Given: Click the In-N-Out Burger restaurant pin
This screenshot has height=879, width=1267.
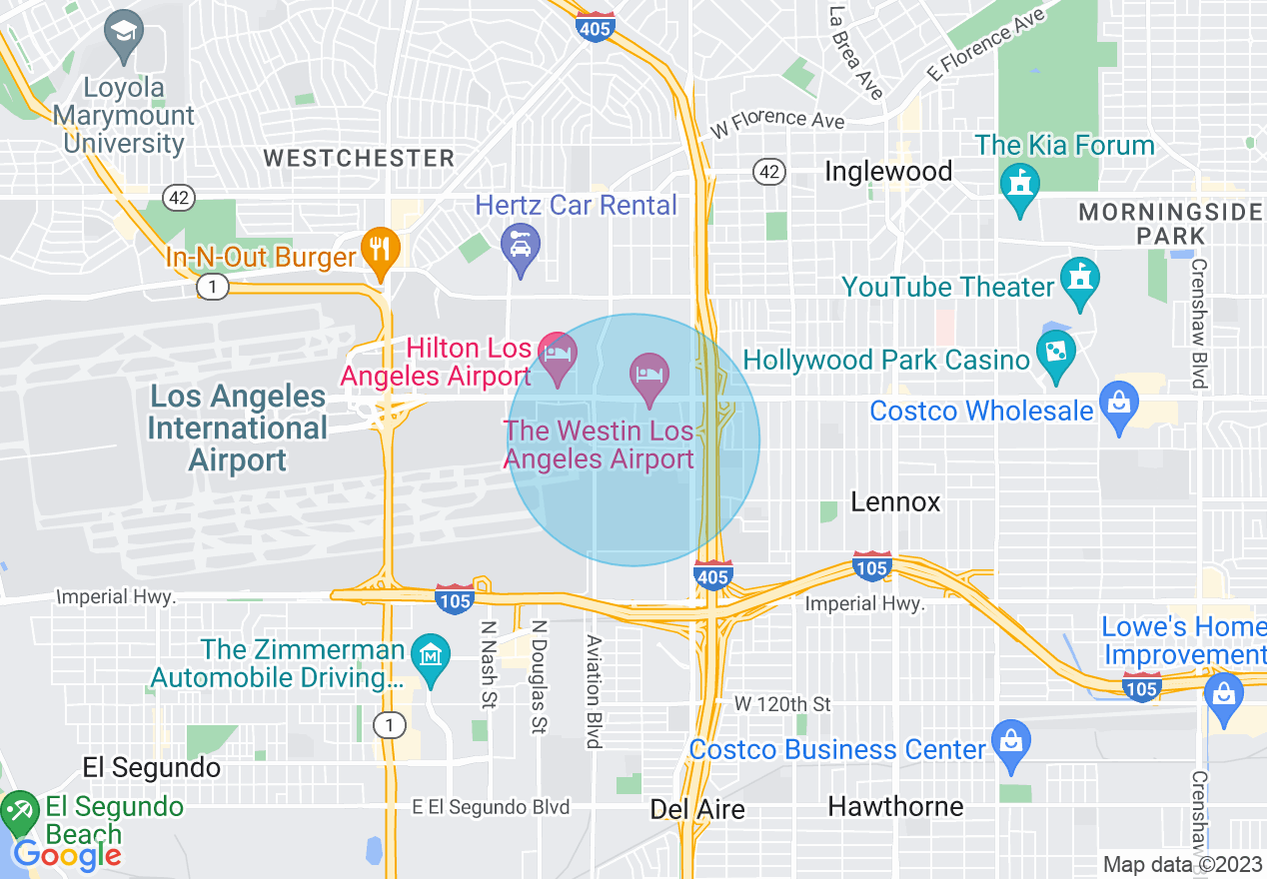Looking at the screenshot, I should click(380, 247).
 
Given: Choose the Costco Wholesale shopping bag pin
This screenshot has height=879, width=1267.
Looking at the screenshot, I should click(1118, 404).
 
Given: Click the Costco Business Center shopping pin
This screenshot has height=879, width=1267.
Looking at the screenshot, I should click(1011, 743).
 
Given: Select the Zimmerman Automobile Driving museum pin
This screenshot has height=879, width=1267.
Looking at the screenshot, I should click(431, 656).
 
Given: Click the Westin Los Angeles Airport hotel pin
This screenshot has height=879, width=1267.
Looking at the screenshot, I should click(649, 375).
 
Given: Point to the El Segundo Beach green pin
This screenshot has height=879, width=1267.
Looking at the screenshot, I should click(20, 811).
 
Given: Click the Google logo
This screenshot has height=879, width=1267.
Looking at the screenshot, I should click(67, 855).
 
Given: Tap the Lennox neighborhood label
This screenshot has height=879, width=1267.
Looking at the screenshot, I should click(895, 501).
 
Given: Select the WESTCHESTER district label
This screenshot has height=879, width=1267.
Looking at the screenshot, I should click(359, 158).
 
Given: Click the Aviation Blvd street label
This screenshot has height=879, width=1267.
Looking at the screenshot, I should click(594, 691).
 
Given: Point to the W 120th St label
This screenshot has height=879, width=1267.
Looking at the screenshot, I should click(782, 704).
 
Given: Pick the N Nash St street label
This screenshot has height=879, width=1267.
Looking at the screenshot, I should click(489, 664).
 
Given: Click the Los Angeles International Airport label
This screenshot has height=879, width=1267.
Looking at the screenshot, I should click(238, 429).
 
